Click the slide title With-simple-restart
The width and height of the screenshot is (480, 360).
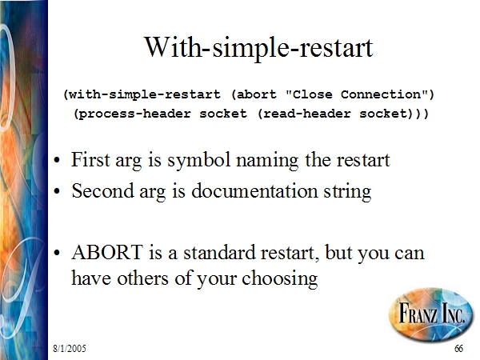point(258,47)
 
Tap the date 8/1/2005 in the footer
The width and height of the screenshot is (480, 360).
point(70,348)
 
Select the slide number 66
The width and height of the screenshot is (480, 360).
point(458,348)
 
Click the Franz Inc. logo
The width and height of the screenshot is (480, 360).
point(431,314)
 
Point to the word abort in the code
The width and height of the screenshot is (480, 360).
point(257,94)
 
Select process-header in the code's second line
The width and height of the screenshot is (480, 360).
point(135,114)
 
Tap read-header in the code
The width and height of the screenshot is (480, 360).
point(306,114)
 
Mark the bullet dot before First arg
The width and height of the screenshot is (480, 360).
point(57,161)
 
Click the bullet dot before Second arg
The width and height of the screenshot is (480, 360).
point(57,192)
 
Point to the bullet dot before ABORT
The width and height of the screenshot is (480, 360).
point(57,254)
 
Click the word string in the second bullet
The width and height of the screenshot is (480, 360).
point(348,192)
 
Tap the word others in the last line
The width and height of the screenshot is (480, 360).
point(142,278)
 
